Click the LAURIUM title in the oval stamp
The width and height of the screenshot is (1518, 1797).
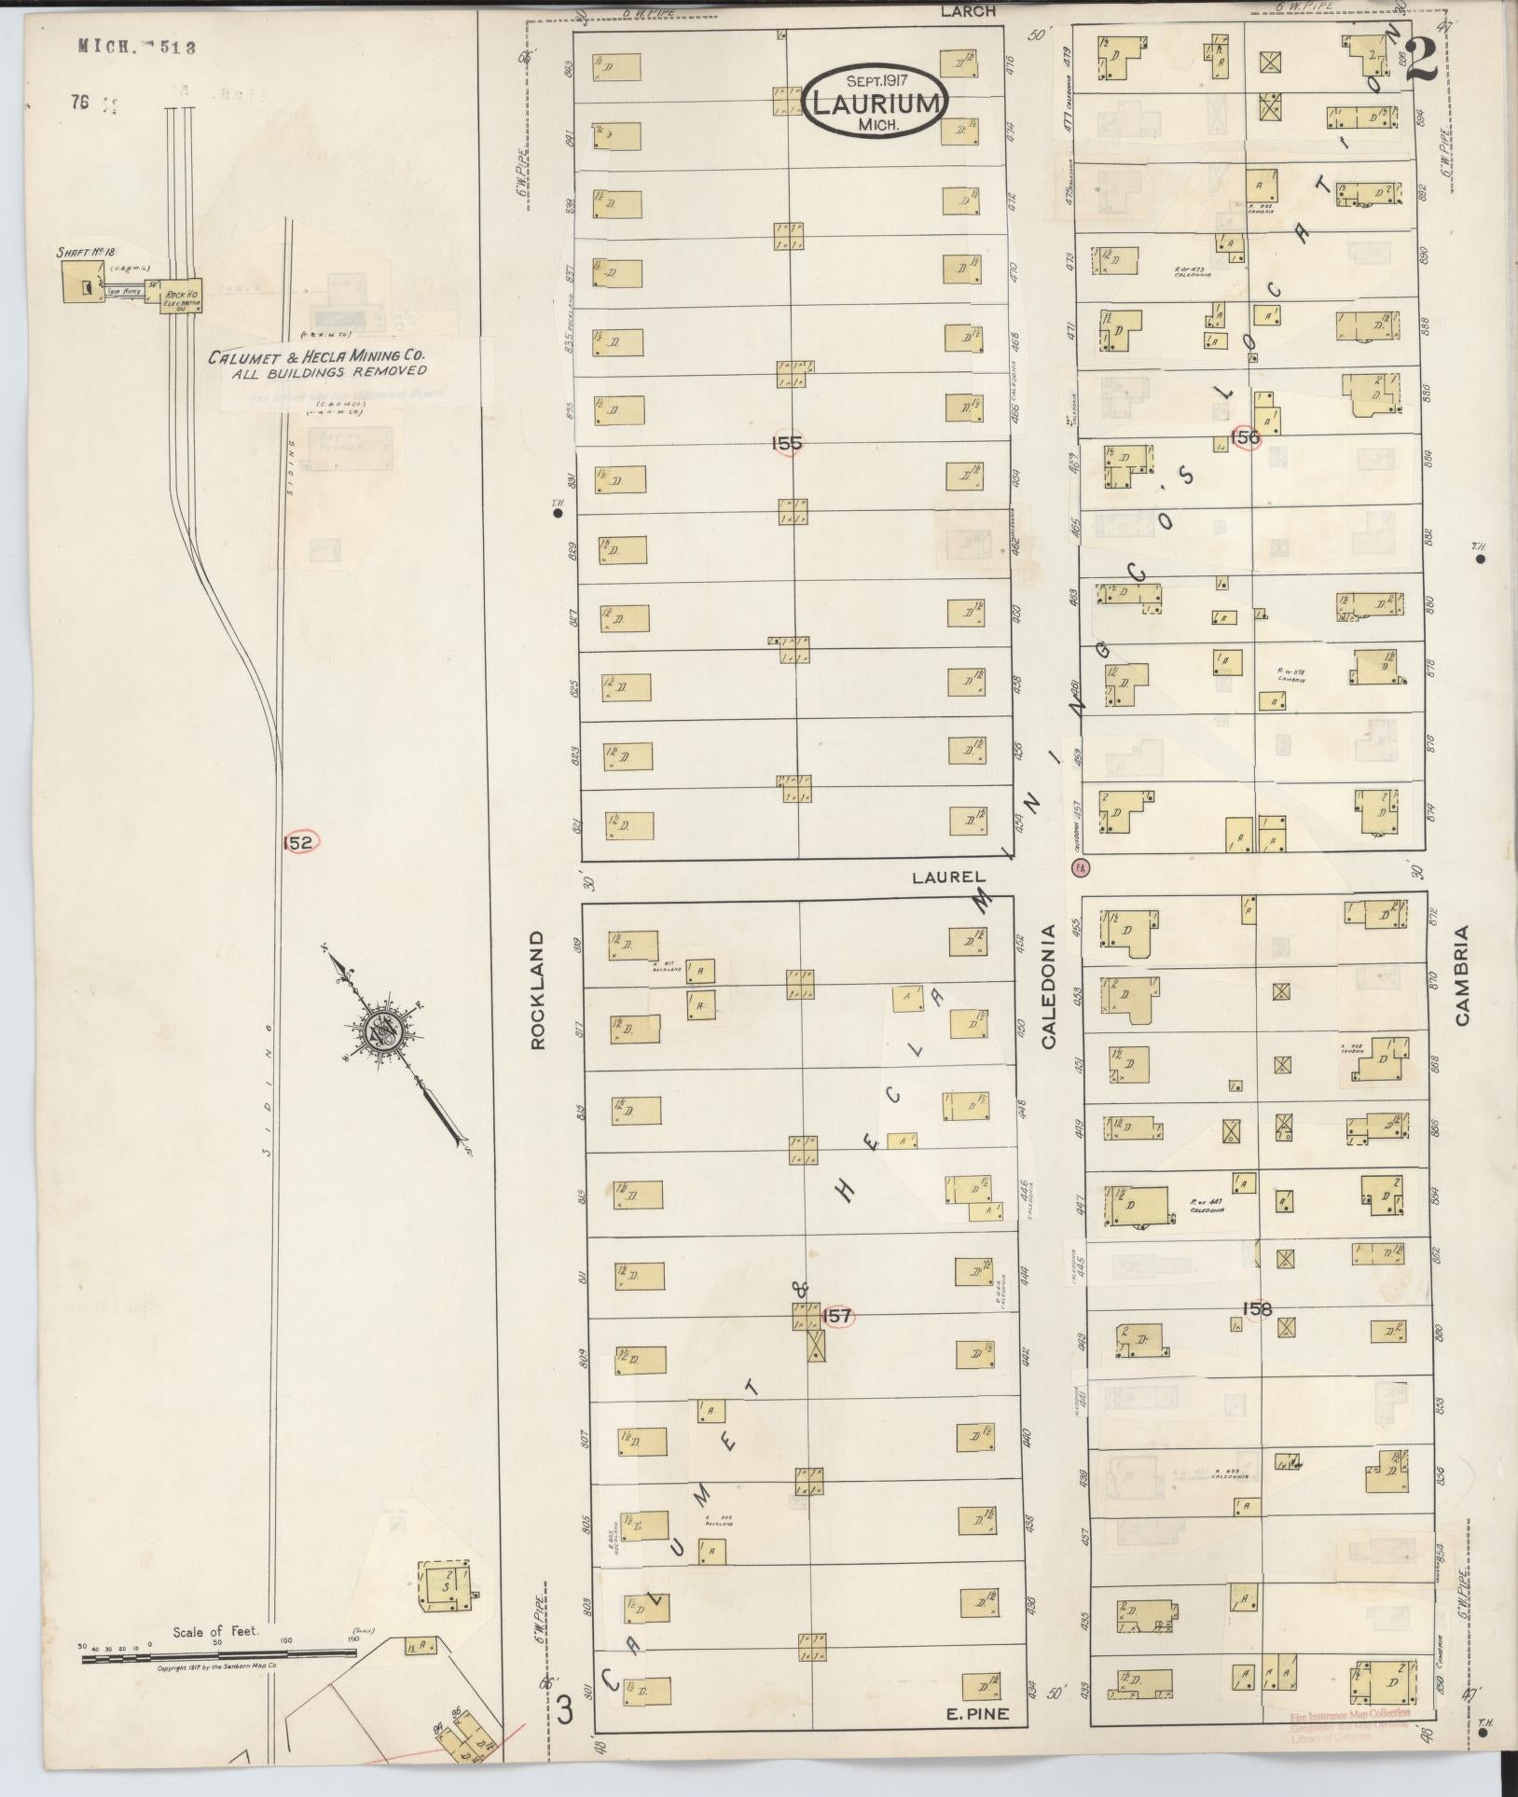click(x=876, y=103)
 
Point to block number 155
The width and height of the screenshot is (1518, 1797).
click(x=787, y=444)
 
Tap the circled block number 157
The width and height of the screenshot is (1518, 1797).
click(x=837, y=1316)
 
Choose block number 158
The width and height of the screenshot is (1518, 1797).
click(x=1256, y=1309)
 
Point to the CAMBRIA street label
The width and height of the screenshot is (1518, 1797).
click(x=1460, y=975)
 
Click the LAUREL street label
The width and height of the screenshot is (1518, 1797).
click(x=948, y=877)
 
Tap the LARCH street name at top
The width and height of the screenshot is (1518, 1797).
click(x=968, y=11)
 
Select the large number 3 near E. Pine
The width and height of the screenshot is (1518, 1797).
click(x=564, y=1710)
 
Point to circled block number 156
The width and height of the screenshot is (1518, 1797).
click(x=1245, y=436)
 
